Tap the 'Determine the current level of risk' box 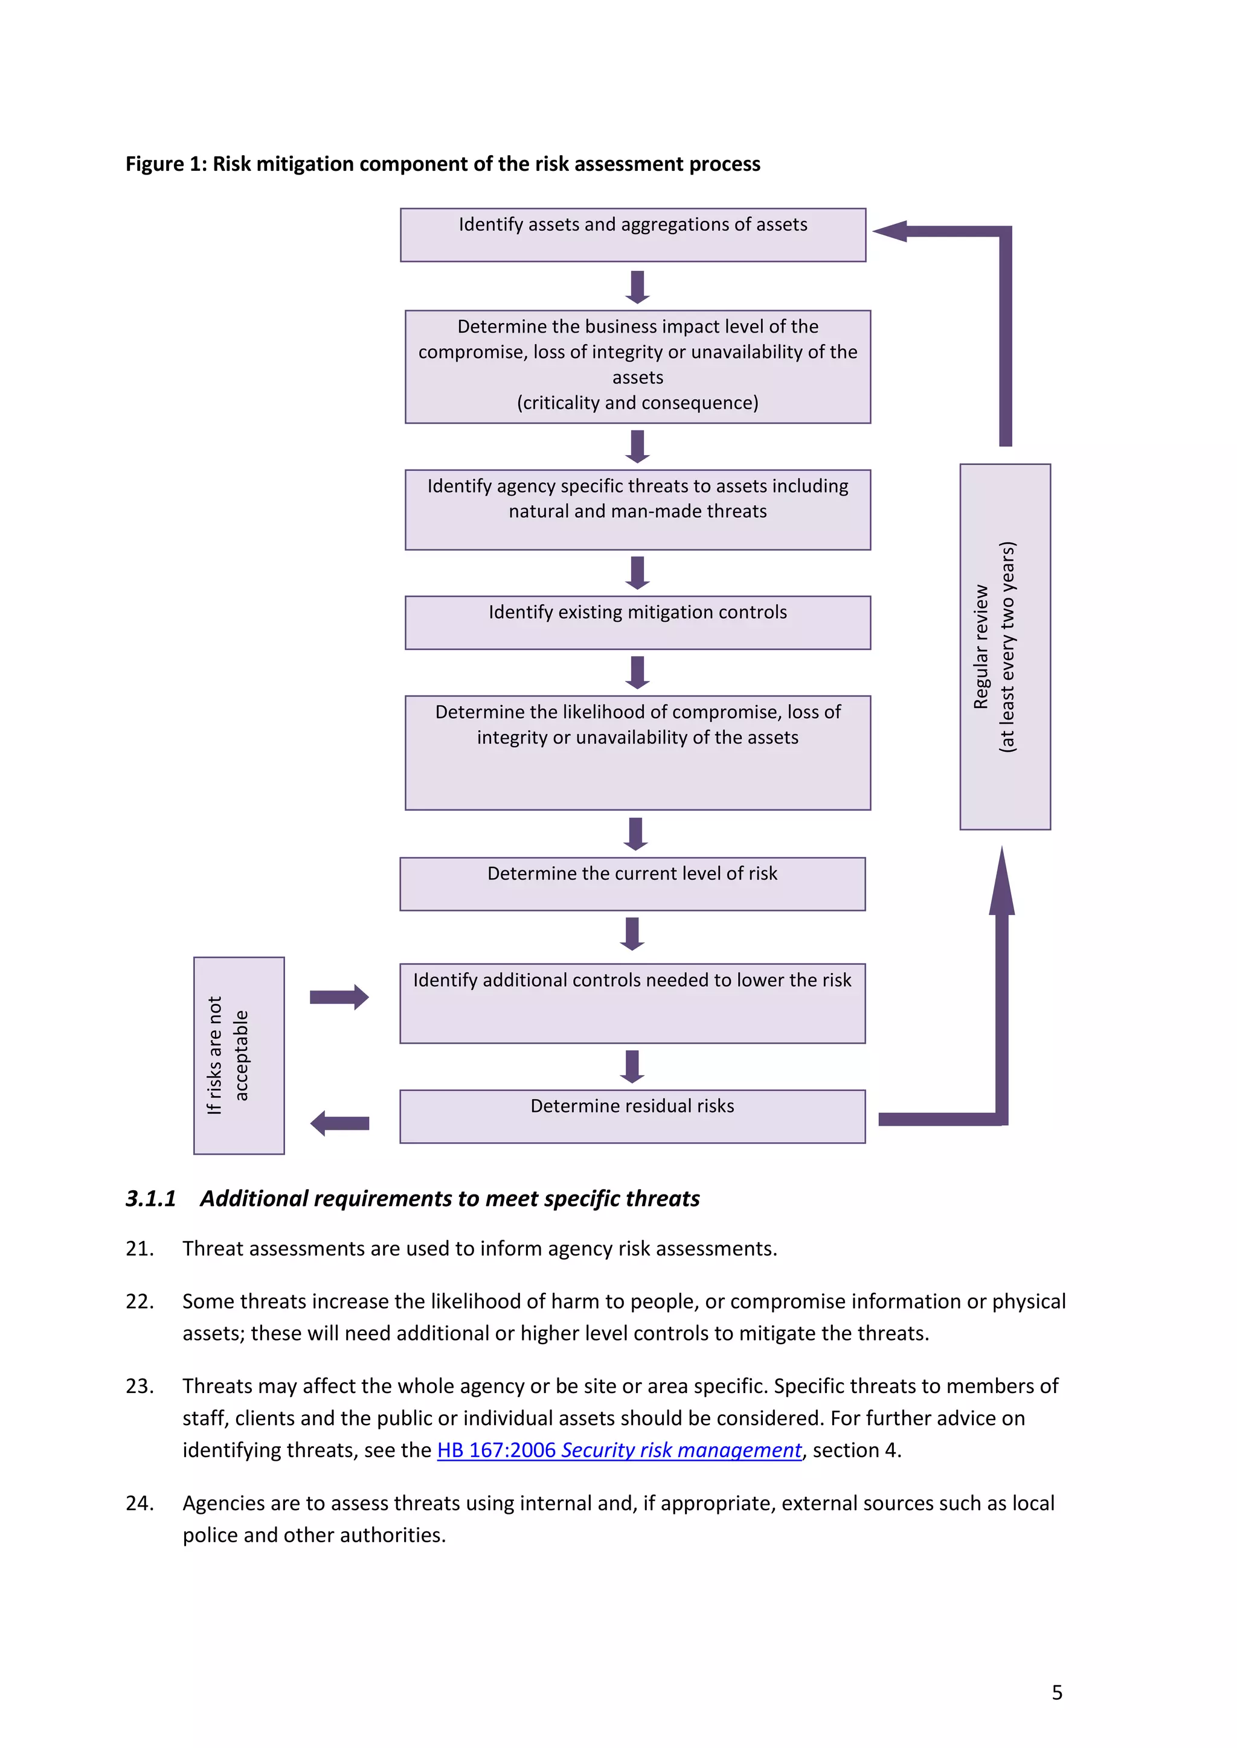[x=632, y=883]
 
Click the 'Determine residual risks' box [x=632, y=1115]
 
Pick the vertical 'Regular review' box [x=1004, y=646]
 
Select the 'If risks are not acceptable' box [x=239, y=1055]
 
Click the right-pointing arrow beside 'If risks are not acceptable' [x=339, y=997]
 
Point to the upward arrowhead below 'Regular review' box [x=1001, y=883]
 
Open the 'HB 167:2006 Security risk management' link [x=619, y=1450]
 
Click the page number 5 [x=1056, y=1692]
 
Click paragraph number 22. [x=140, y=1301]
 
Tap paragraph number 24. [x=140, y=1503]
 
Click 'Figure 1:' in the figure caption [x=165, y=164]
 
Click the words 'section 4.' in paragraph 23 [x=857, y=1450]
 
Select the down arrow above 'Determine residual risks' [x=632, y=1066]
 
